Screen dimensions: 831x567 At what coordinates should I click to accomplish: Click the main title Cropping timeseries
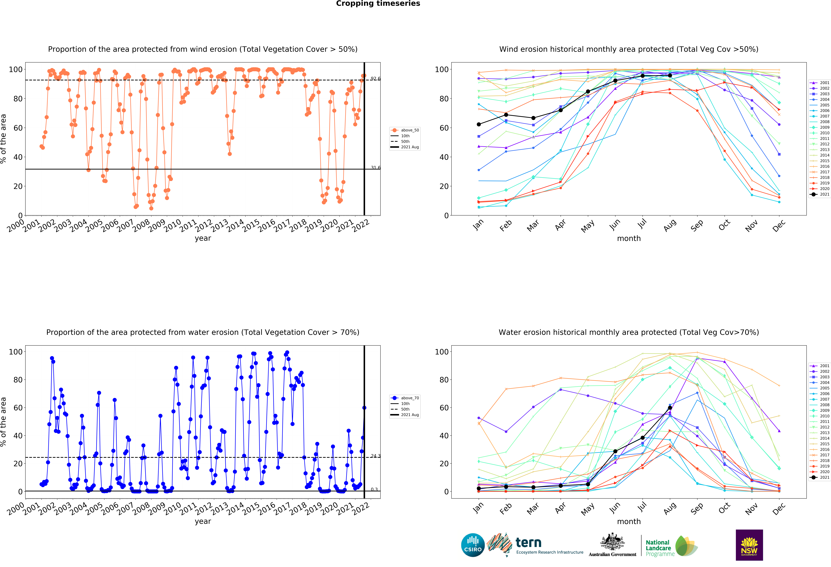378,4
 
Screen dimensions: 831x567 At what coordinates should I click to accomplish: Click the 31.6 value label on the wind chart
375,168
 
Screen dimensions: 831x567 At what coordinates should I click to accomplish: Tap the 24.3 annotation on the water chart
375,456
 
